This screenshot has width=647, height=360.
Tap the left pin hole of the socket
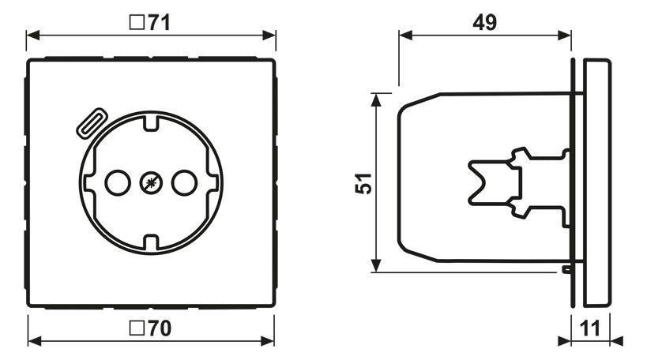(116, 183)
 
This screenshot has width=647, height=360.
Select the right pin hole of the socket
(182, 183)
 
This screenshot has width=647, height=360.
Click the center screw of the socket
(149, 183)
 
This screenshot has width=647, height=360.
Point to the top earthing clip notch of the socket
(149, 125)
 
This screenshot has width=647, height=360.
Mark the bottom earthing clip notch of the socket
(149, 242)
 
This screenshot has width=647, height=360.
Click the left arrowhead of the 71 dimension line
(32, 36)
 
